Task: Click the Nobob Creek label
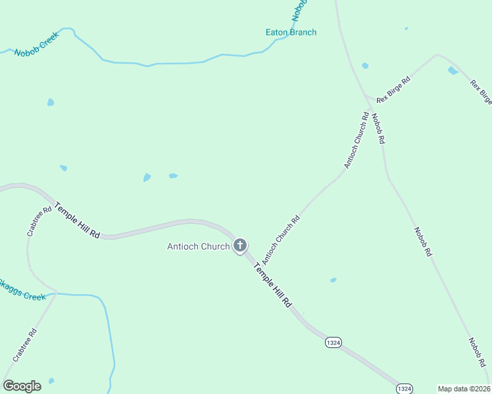[x=37, y=44]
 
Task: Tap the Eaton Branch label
[x=291, y=32]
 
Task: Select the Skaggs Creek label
[x=22, y=290]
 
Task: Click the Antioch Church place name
[x=198, y=247]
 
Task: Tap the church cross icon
[x=240, y=246]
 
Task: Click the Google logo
[x=22, y=385]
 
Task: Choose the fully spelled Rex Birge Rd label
[x=393, y=89]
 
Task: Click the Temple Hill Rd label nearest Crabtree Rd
[x=77, y=220]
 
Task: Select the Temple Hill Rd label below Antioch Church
[x=272, y=283]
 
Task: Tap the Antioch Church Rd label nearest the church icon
[x=281, y=237]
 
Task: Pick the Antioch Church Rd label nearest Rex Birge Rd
[x=355, y=140]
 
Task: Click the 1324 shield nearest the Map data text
[x=405, y=389]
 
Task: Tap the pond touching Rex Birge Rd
[x=453, y=70]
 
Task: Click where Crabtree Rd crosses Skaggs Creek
[x=56, y=294]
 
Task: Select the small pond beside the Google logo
[x=51, y=381]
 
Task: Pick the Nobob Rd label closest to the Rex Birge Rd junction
[x=378, y=129]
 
